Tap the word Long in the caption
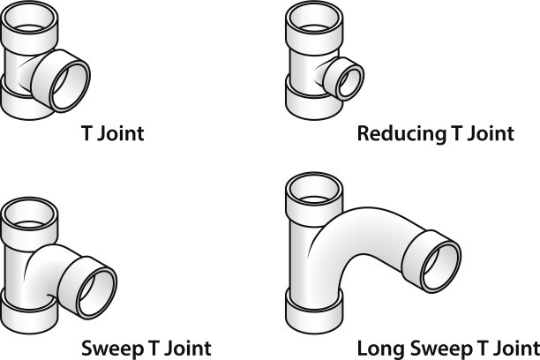pos(377,345)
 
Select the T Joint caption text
pos(112,134)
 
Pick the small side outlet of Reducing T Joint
pos(343,79)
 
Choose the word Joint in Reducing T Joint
pos(486,135)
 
